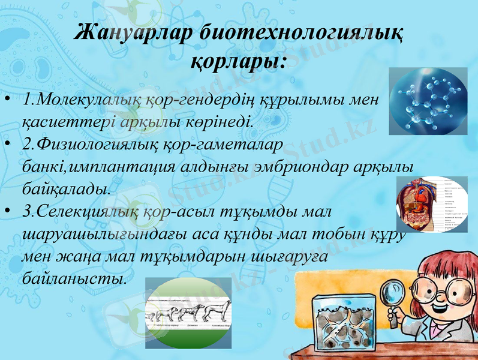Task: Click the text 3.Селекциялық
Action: click(x=75, y=211)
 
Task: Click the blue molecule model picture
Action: click(x=428, y=101)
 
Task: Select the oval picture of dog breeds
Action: click(x=188, y=313)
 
